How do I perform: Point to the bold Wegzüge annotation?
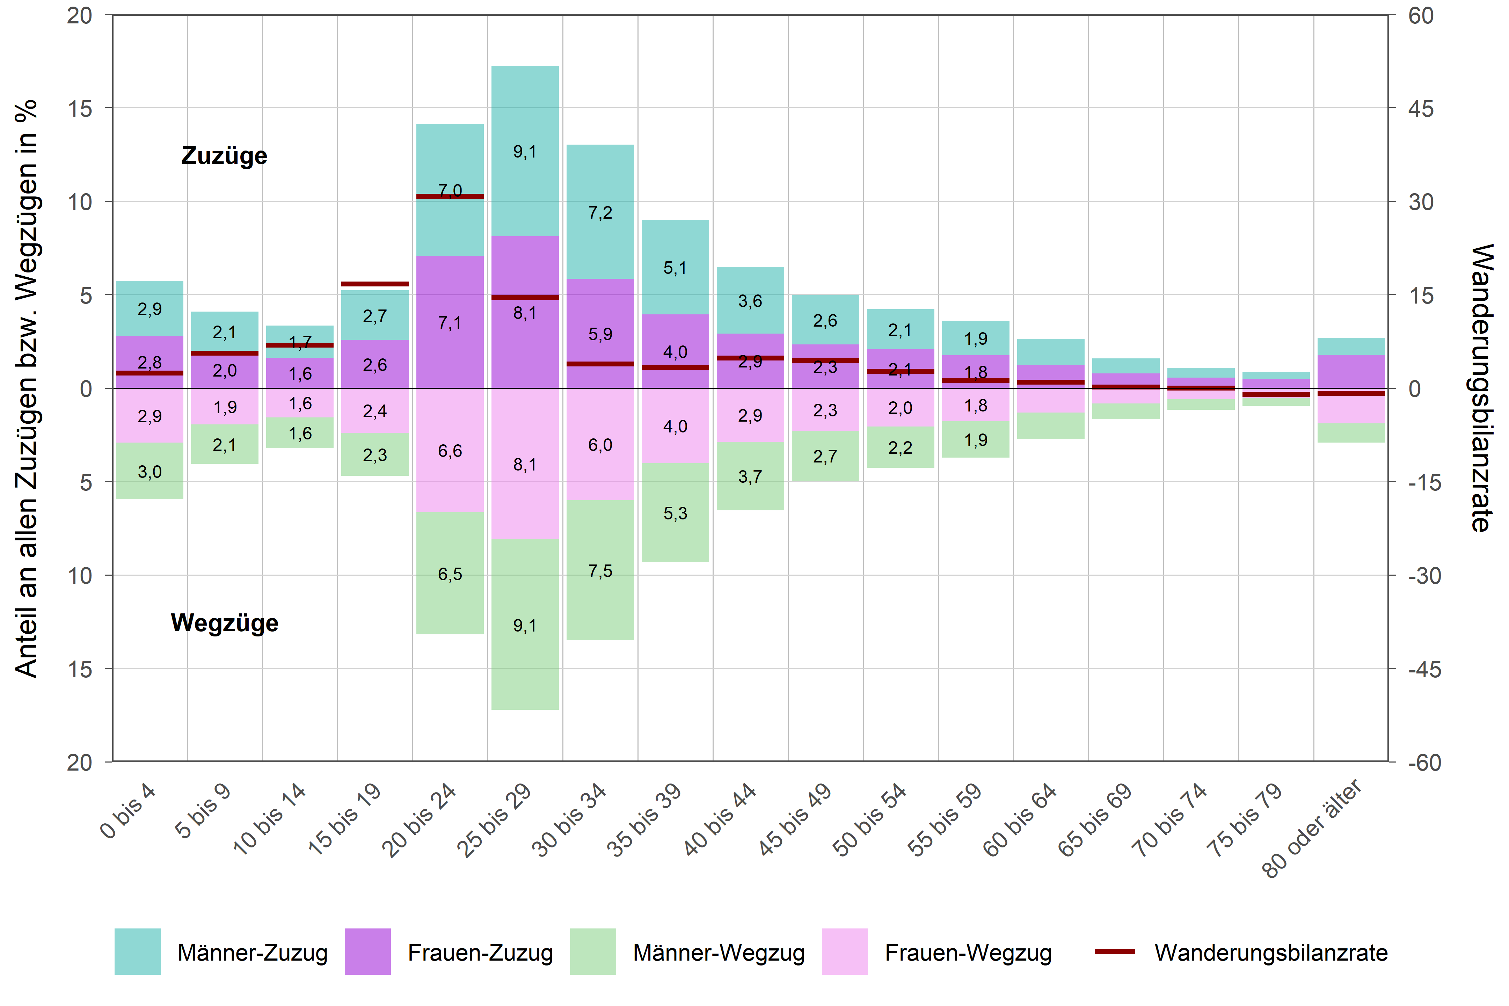[225, 623]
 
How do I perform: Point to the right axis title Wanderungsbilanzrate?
[1481, 388]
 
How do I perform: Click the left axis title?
[27, 388]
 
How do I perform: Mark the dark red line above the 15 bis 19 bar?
[375, 284]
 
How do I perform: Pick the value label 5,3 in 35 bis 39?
[675, 513]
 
